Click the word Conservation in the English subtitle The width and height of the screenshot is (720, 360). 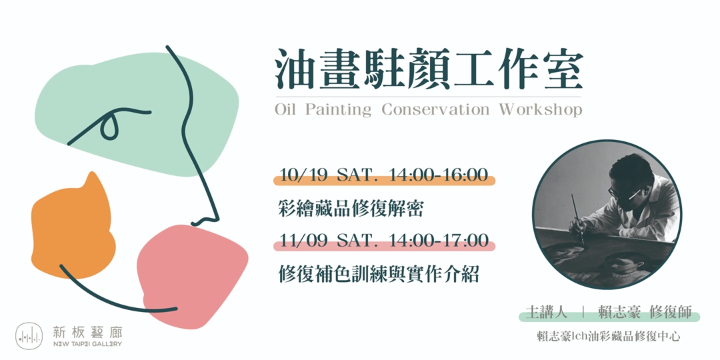(435, 110)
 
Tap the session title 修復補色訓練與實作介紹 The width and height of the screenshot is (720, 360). (378, 274)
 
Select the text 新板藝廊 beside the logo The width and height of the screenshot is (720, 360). (87, 331)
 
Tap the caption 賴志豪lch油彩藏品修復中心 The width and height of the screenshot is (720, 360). (608, 337)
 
